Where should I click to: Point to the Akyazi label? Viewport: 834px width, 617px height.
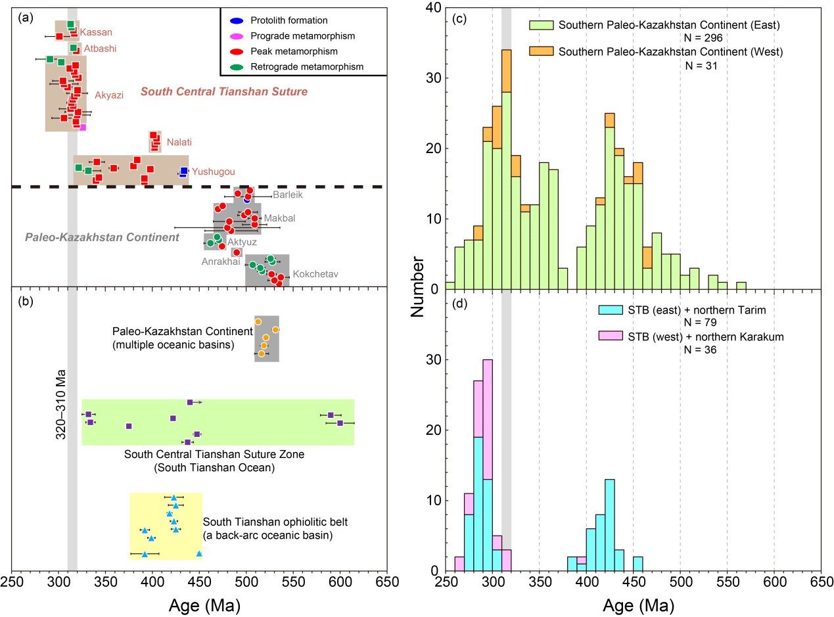(109, 95)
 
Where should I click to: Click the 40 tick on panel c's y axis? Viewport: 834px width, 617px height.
(433, 8)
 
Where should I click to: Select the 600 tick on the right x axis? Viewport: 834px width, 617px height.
(774, 583)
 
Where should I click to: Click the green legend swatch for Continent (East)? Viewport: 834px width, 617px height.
(542, 26)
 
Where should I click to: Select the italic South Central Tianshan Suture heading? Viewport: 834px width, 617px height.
(224, 91)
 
